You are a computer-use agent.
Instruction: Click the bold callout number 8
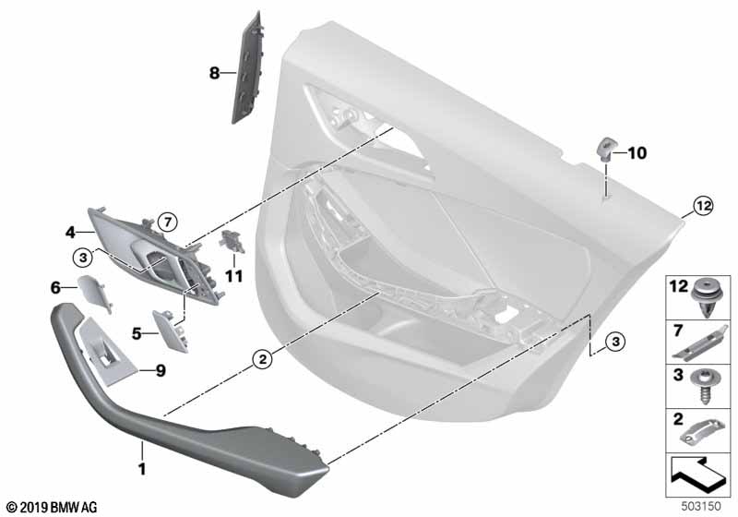coord(214,74)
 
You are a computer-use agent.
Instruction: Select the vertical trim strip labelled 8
coord(246,67)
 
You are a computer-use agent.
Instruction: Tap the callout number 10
coord(637,152)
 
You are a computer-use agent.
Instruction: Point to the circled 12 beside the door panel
coord(703,206)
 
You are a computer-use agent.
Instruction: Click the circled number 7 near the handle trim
coord(167,221)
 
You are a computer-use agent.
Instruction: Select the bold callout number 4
coord(70,232)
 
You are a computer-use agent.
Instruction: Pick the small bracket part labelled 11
coord(232,240)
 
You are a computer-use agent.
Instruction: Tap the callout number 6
coord(55,287)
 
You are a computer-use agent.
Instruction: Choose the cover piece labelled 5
coord(171,331)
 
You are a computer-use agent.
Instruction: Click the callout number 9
coord(161,371)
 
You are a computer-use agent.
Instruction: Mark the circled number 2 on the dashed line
coord(262,360)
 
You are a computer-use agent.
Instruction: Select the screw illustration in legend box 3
coord(705,387)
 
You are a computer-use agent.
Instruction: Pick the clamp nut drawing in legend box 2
coord(703,431)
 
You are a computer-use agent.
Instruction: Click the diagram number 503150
coord(701,507)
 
